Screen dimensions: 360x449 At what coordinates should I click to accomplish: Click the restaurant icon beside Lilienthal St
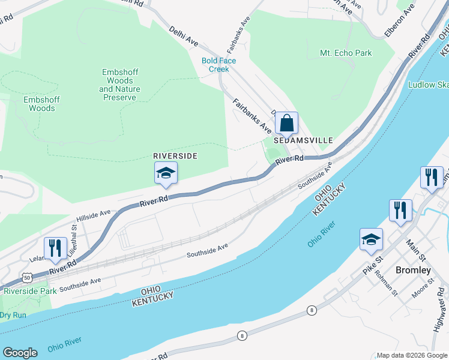(55, 248)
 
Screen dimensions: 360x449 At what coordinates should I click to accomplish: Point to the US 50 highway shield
(27, 277)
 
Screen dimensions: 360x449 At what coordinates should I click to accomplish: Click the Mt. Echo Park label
(346, 53)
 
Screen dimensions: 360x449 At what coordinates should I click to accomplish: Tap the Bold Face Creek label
(218, 65)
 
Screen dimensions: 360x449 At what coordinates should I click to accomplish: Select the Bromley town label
(414, 270)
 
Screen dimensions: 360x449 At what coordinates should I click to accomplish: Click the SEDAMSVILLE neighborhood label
(303, 140)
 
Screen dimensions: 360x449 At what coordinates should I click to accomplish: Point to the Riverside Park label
(30, 291)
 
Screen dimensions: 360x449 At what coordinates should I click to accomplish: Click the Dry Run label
(13, 314)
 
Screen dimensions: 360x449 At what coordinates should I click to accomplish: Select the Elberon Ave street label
(400, 20)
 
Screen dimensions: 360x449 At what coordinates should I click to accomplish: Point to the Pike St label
(372, 262)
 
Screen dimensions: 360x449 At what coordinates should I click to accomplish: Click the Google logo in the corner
(20, 353)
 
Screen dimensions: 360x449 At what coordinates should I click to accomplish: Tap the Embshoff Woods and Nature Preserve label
(119, 85)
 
